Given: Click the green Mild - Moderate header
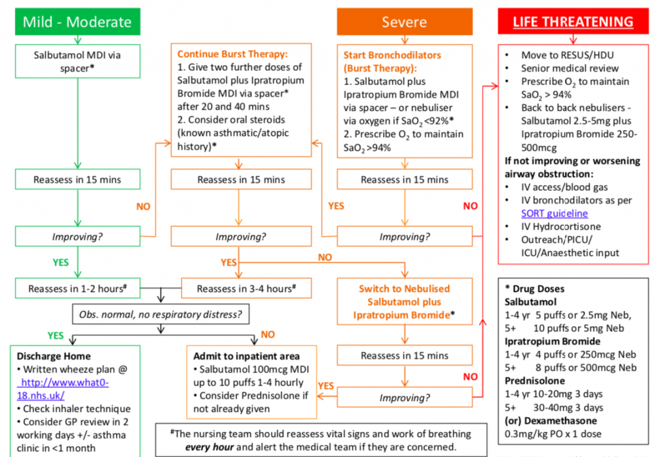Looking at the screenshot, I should point(77,22).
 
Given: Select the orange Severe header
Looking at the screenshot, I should point(404,22).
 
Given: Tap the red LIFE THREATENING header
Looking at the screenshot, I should point(573,22).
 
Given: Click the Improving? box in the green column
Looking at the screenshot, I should point(77,237).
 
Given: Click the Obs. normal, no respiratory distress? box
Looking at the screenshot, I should point(160,315).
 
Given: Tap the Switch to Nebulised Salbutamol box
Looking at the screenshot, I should point(404,302).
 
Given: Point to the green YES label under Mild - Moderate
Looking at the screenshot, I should point(61,263).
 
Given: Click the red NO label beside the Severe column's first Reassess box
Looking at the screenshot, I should point(471,206).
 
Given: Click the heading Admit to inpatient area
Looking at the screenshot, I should point(247,356).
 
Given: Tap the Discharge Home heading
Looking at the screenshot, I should point(53,356).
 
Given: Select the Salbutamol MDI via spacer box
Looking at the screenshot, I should point(77,61).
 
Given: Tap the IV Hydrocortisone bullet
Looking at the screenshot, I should point(561,226).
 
